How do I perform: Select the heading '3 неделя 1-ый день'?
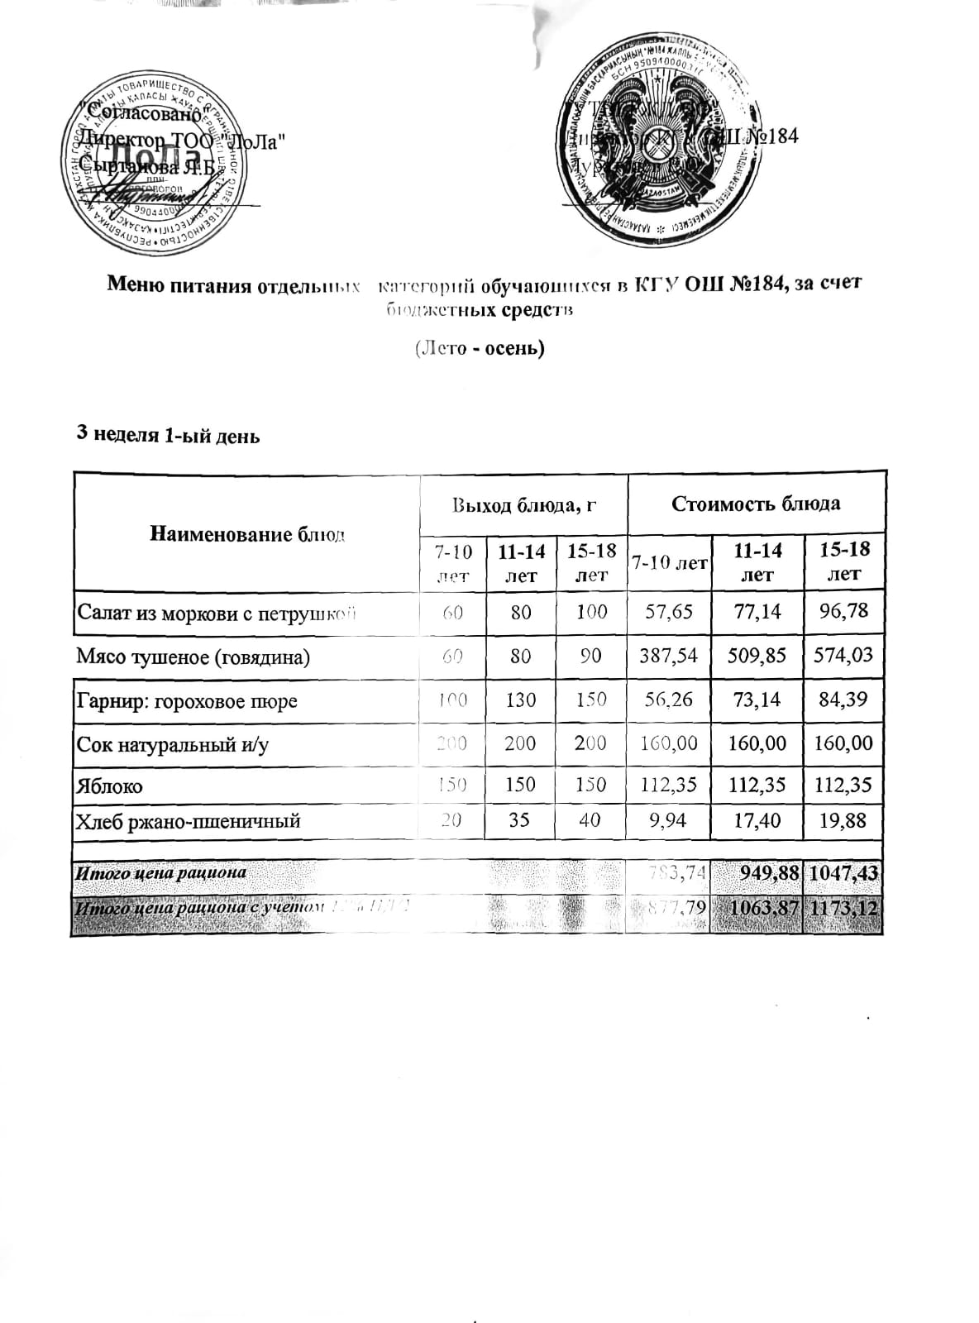pyautogui.click(x=168, y=436)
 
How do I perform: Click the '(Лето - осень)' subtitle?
pyautogui.click(x=480, y=348)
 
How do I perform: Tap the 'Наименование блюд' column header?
pyautogui.click(x=246, y=533)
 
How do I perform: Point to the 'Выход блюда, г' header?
pyautogui.click(x=523, y=504)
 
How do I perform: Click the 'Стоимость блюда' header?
pyautogui.click(x=756, y=504)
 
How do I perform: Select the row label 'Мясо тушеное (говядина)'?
pyautogui.click(x=193, y=657)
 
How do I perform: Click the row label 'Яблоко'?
pyautogui.click(x=109, y=786)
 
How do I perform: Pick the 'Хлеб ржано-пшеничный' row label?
pyautogui.click(x=188, y=821)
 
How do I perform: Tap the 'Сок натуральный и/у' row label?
pyautogui.click(x=172, y=744)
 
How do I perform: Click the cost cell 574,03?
pyautogui.click(x=843, y=656)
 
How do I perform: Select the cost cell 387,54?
pyautogui.click(x=669, y=656)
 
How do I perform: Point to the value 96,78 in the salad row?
pyautogui.click(x=843, y=612)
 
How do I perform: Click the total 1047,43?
pyautogui.click(x=843, y=872)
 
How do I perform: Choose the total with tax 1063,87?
pyautogui.click(x=758, y=907)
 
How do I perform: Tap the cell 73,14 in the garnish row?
pyautogui.click(x=757, y=700)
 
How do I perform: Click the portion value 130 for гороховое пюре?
pyautogui.click(x=521, y=700)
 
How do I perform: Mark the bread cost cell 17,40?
pyautogui.click(x=757, y=821)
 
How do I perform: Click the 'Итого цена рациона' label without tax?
pyautogui.click(x=161, y=872)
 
